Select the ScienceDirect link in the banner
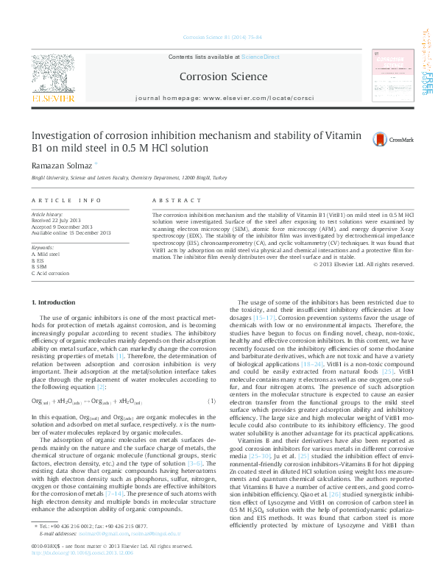click(261, 57)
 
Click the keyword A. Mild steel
click(46, 254)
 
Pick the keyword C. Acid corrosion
click(49, 273)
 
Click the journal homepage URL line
click(224, 97)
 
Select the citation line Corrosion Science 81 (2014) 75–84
click(219, 38)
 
